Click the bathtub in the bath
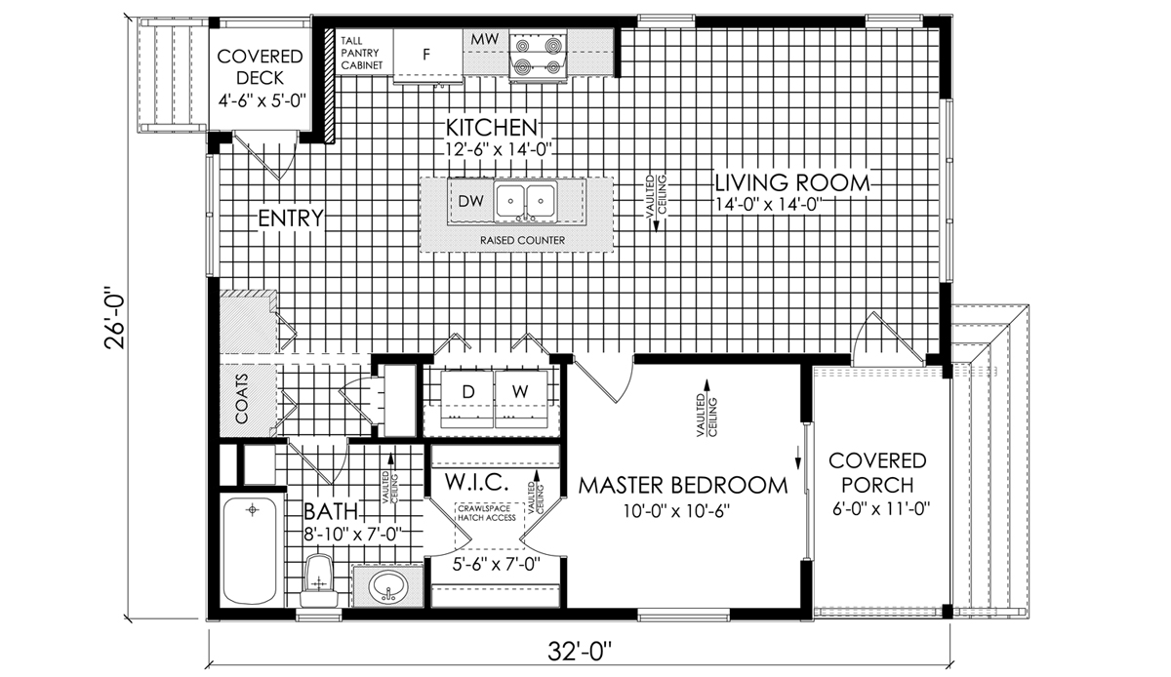(x=250, y=550)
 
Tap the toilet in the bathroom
(x=319, y=580)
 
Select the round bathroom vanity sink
(x=388, y=585)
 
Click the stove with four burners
(x=538, y=55)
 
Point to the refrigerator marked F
(x=427, y=54)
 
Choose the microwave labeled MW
(x=485, y=40)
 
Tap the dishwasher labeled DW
(x=470, y=201)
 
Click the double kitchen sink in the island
(x=525, y=200)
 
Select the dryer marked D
(x=467, y=399)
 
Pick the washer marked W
(x=521, y=399)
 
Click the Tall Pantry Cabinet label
(x=362, y=53)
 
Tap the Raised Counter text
(x=522, y=241)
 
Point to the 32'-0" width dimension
(x=580, y=652)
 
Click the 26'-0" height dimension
(x=115, y=317)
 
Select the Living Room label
(x=792, y=183)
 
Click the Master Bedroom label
(x=683, y=485)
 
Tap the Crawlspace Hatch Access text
(x=487, y=513)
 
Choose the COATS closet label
(x=242, y=398)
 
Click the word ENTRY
(x=291, y=219)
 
